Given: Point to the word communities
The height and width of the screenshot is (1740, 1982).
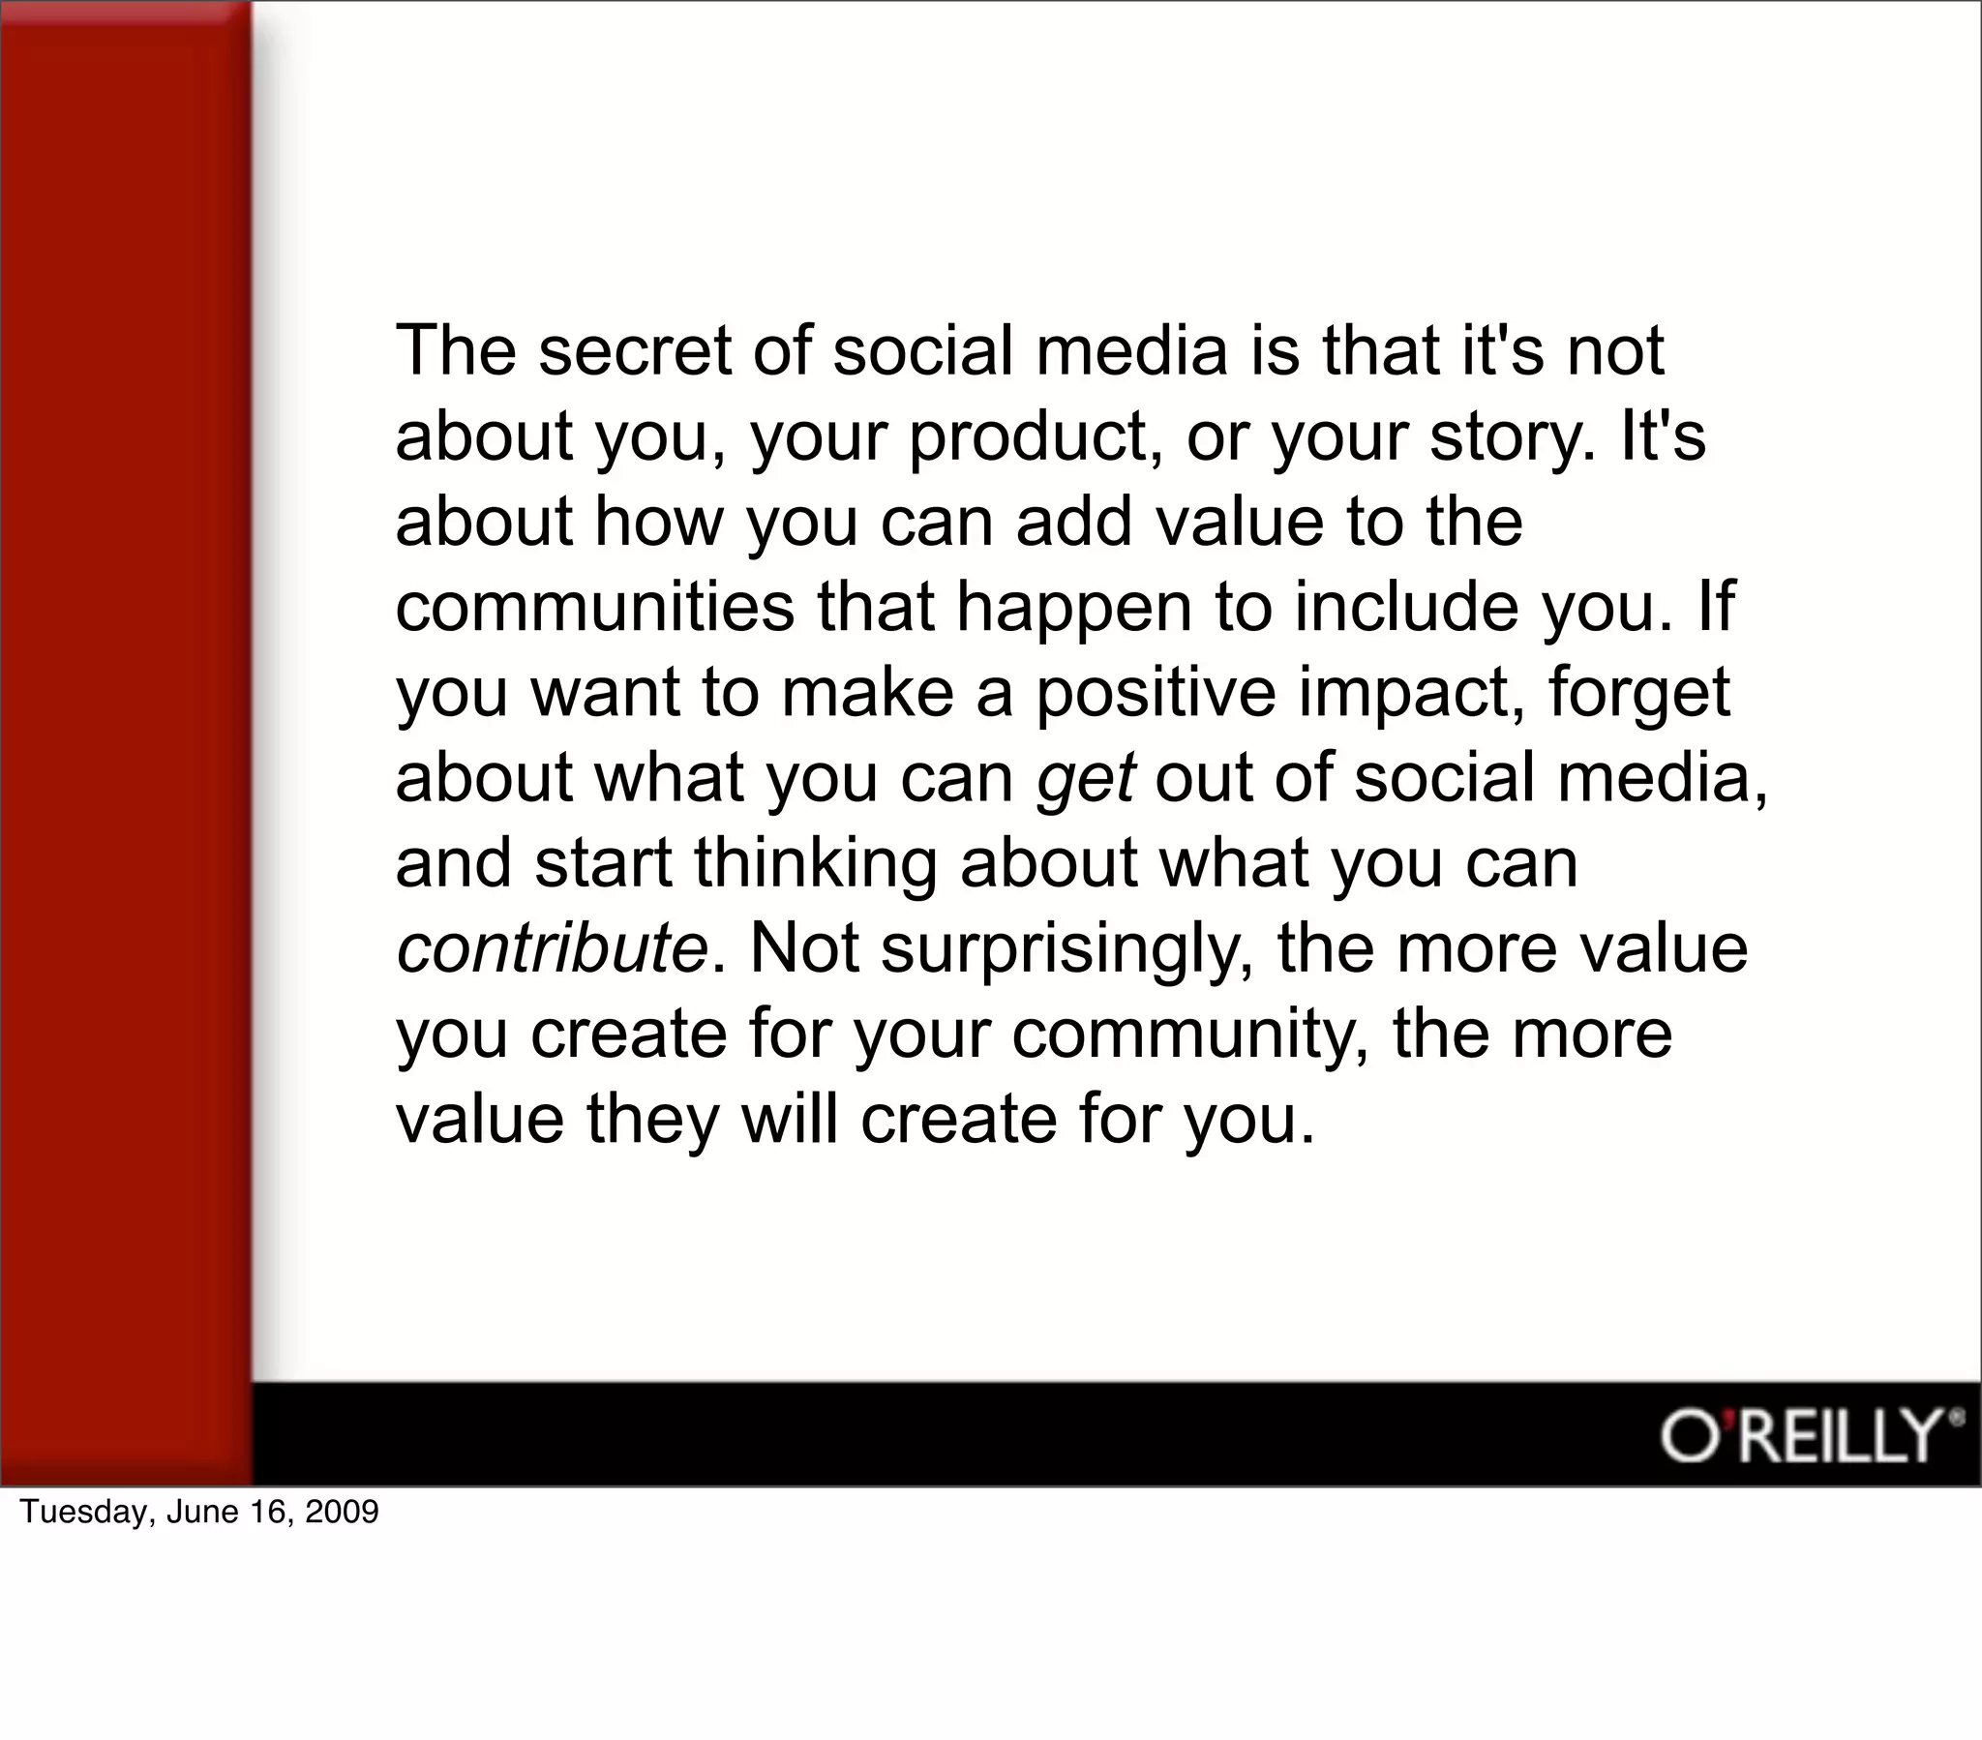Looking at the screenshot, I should pyautogui.click(x=594, y=607).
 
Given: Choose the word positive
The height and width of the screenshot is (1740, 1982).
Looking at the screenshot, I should pyautogui.click(x=1156, y=695).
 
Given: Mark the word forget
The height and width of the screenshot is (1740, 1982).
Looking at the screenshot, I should pyautogui.click(x=1639, y=695).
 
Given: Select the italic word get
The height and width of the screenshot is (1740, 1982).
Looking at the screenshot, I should pyautogui.click(x=1085, y=780).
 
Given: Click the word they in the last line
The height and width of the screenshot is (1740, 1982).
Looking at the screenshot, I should pyautogui.click(x=652, y=1122).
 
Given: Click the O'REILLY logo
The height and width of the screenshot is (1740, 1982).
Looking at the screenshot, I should pyautogui.click(x=1807, y=1436).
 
